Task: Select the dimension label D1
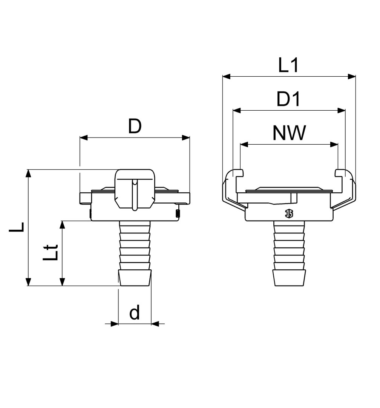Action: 288,99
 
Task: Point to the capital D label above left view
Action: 135,126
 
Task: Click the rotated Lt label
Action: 50,252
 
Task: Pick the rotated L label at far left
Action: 16,227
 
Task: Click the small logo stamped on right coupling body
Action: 289,214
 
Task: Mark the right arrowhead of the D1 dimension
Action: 342,111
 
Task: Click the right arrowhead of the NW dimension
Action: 334,144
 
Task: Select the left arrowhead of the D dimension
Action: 84,138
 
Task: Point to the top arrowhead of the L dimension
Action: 29,173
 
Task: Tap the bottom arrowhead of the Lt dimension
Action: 62,281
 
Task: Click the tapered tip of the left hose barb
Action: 135,278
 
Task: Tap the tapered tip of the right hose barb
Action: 289,278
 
